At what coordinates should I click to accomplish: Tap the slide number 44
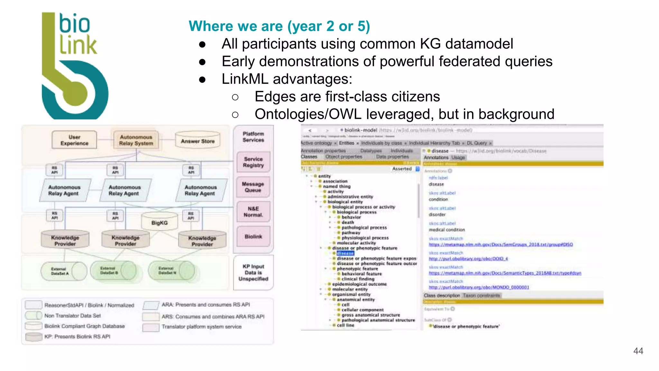pyautogui.click(x=638, y=351)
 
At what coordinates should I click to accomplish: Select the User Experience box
pyautogui.click(x=74, y=140)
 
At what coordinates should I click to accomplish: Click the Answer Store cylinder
pyautogui.click(x=198, y=141)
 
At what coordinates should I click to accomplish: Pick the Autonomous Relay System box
pyautogui.click(x=136, y=140)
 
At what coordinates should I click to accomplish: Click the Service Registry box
pyautogui.click(x=253, y=162)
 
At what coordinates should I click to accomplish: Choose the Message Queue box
pyautogui.click(x=253, y=187)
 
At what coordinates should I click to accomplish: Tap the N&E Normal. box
pyautogui.click(x=253, y=212)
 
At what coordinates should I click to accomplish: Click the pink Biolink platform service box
pyautogui.click(x=253, y=236)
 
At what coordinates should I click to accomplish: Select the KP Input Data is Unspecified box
pyautogui.click(x=253, y=272)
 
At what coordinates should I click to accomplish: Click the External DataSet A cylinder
pyautogui.click(x=63, y=271)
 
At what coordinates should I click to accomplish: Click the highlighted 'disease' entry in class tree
pyautogui.click(x=345, y=253)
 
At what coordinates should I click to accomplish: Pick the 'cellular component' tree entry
pyautogui.click(x=362, y=310)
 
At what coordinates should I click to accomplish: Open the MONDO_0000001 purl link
pyautogui.click(x=479, y=287)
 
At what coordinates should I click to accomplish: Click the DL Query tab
pyautogui.click(x=477, y=143)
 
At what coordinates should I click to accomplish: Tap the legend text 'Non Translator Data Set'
pyautogui.click(x=72, y=316)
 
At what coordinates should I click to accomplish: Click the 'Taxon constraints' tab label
pyautogui.click(x=481, y=295)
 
